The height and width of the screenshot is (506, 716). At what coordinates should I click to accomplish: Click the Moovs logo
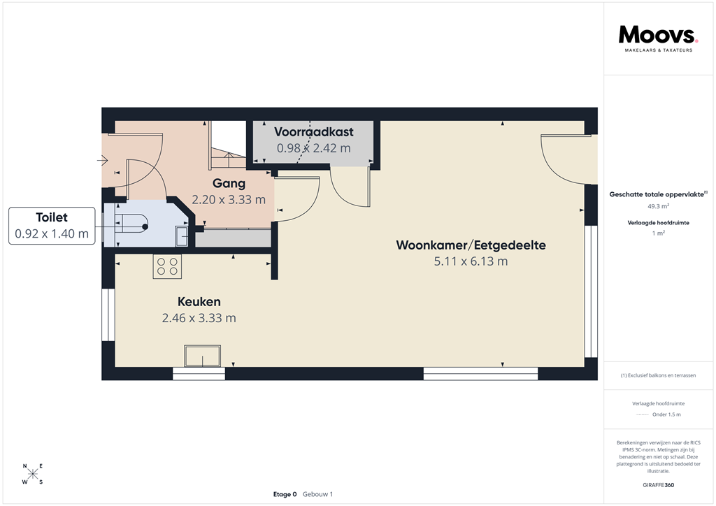657,36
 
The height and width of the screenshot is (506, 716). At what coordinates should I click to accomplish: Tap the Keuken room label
199,302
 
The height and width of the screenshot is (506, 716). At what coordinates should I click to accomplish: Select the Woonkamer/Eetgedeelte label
471,245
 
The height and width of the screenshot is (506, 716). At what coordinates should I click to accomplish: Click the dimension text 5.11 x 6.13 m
471,261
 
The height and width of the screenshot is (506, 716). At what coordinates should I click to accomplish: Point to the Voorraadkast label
314,131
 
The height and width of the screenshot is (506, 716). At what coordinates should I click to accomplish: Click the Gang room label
229,184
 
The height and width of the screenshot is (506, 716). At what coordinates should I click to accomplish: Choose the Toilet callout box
52,226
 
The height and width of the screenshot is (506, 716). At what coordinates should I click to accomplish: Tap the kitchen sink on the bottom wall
202,356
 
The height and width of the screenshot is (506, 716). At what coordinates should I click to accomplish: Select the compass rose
33,474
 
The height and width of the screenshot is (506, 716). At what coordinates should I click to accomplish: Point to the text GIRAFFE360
659,485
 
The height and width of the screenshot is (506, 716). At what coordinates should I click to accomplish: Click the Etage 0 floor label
285,494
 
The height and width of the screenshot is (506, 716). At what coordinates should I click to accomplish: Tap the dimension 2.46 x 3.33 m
199,318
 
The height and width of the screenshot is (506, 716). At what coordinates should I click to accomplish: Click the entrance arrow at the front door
101,161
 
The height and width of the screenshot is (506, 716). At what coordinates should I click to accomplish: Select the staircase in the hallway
227,147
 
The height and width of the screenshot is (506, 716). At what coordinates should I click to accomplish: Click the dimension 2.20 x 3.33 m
229,199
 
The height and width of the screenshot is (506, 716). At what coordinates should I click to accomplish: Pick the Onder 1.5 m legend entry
666,414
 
